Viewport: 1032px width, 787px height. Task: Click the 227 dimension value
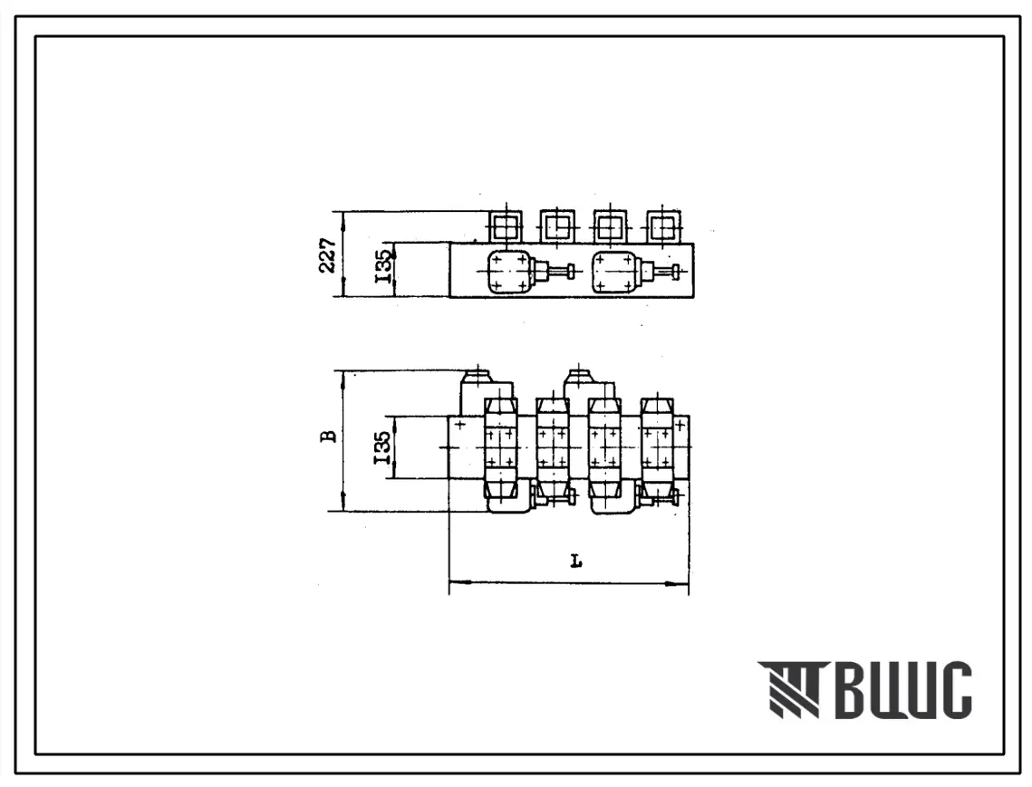[328, 254]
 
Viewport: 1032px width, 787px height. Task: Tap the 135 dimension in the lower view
[383, 447]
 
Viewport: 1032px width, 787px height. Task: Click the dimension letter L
[576, 561]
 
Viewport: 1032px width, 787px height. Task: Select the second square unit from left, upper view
[557, 227]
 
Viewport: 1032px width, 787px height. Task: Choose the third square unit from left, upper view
[610, 227]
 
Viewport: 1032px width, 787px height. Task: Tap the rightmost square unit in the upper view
[663, 227]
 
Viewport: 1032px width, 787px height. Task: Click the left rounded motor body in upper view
[509, 272]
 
